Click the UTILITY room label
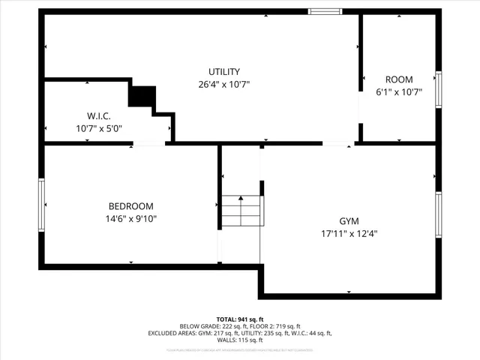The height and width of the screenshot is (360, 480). (x=224, y=71)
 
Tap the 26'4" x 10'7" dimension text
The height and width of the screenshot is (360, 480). (x=224, y=84)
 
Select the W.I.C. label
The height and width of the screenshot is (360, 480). (x=99, y=115)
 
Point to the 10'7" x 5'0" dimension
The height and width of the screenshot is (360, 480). (x=99, y=128)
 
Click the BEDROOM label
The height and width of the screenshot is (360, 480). (x=131, y=206)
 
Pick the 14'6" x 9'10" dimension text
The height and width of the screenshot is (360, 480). (x=131, y=219)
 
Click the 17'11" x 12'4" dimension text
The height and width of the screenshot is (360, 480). (x=349, y=233)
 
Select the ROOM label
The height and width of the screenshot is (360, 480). (x=399, y=79)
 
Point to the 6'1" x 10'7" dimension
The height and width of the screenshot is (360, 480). (x=399, y=92)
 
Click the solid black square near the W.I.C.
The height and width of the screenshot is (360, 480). (x=142, y=97)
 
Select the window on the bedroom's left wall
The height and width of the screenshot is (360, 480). (x=42, y=205)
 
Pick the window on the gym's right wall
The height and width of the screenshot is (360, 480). (x=439, y=214)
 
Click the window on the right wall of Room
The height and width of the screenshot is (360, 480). (x=439, y=90)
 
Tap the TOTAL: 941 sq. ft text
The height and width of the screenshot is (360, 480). (x=240, y=319)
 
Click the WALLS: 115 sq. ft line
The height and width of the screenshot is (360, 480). (x=240, y=340)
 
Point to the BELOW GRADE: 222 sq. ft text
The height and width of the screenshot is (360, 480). (x=209, y=326)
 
